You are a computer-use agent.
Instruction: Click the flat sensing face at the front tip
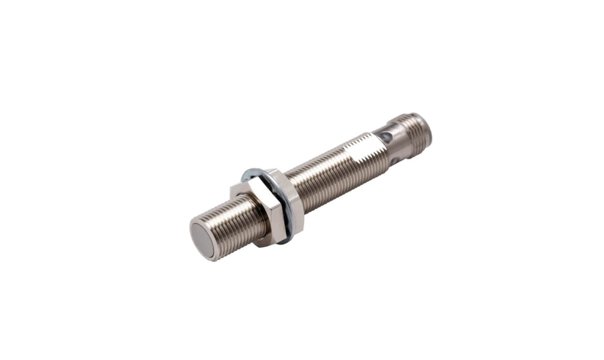(x=202, y=240)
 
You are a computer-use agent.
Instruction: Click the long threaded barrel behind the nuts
(x=329, y=174)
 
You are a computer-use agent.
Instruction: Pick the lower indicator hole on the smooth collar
(x=395, y=160)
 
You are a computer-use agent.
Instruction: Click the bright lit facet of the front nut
(x=263, y=213)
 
